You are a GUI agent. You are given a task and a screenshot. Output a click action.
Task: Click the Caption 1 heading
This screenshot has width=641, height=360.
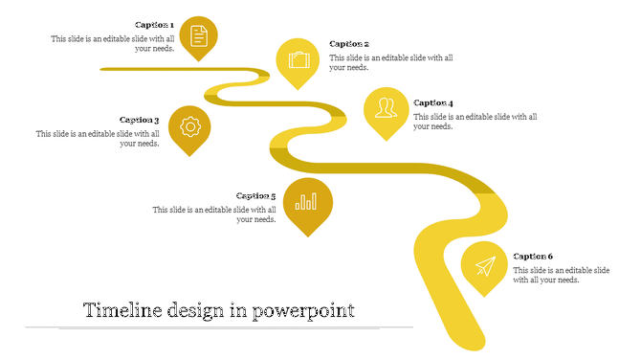[154, 25]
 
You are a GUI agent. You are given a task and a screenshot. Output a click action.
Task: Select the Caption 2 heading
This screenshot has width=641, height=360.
[349, 44]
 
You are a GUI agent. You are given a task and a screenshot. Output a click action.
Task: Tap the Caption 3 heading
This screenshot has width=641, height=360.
[140, 121]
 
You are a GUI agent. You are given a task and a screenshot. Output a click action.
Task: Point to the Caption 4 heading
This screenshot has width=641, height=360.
[433, 102]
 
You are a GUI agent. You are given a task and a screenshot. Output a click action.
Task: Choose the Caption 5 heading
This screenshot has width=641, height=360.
[256, 196]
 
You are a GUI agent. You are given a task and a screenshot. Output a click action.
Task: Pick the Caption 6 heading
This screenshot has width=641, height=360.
[533, 257]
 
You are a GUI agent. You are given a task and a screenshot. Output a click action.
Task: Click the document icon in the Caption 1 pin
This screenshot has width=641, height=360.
[198, 35]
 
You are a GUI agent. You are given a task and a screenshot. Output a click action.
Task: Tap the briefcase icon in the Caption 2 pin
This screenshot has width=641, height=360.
[298, 59]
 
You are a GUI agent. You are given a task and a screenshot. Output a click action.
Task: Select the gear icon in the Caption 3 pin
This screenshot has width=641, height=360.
[189, 125]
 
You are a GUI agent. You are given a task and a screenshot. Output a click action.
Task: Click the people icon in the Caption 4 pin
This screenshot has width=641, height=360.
[386, 106]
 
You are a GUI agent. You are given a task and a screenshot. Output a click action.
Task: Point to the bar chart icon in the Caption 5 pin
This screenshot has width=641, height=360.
[307, 202]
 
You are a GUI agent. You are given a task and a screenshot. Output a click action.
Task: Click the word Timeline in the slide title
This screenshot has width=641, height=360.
[122, 311]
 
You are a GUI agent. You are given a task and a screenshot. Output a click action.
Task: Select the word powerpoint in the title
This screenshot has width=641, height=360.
[303, 311]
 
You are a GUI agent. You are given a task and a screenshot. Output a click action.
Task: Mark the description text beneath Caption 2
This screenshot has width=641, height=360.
[391, 63]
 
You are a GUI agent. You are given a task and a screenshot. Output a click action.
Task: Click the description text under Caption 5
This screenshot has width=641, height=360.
[215, 214]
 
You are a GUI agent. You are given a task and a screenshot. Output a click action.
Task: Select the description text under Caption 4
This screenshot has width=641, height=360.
[475, 122]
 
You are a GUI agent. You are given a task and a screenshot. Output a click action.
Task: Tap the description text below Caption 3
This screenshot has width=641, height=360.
[99, 139]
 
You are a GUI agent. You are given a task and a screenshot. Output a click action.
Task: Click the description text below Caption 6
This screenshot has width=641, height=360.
[561, 275]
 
